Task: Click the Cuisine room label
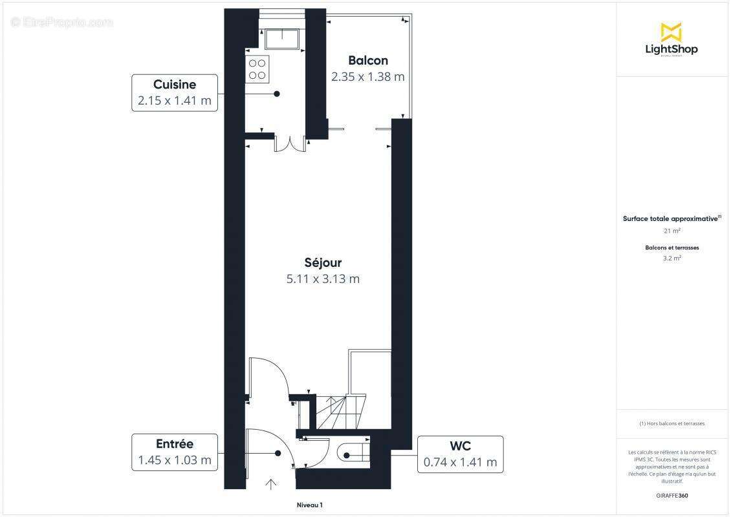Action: click(175, 85)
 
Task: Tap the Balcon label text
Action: click(368, 61)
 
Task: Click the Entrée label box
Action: click(175, 452)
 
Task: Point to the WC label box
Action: click(460, 454)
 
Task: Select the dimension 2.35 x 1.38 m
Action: click(368, 76)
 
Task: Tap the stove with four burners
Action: click(257, 69)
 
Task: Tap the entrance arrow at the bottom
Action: click(271, 484)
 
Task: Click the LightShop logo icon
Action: click(671, 32)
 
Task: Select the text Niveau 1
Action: click(309, 505)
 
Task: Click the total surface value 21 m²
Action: click(671, 231)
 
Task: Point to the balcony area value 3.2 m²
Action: click(671, 258)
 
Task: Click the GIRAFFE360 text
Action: click(671, 494)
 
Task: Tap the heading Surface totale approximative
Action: click(670, 219)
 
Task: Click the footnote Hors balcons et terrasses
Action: click(671, 424)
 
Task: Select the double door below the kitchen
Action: click(290, 143)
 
